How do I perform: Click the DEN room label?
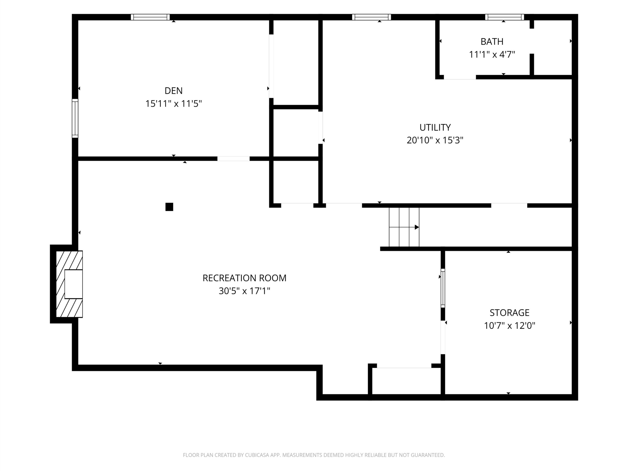tap(173, 91)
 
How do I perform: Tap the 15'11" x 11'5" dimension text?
tap(173, 104)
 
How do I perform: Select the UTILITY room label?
tap(435, 128)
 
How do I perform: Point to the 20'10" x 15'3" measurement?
tap(435, 140)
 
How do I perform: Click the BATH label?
tap(492, 41)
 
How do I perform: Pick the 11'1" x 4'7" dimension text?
tap(492, 54)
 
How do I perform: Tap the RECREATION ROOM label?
tap(244, 278)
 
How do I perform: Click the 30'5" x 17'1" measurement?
tap(244, 291)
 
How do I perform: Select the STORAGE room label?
tap(510, 313)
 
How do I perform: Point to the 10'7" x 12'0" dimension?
tap(510, 325)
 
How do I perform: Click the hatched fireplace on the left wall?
tap(69, 284)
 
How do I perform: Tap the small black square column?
tap(169, 207)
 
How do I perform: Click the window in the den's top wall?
tap(150, 17)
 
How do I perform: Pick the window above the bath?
tap(505, 17)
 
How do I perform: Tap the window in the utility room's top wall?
tap(371, 17)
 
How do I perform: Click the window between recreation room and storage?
tap(443, 288)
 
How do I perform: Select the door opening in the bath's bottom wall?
tap(460, 77)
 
